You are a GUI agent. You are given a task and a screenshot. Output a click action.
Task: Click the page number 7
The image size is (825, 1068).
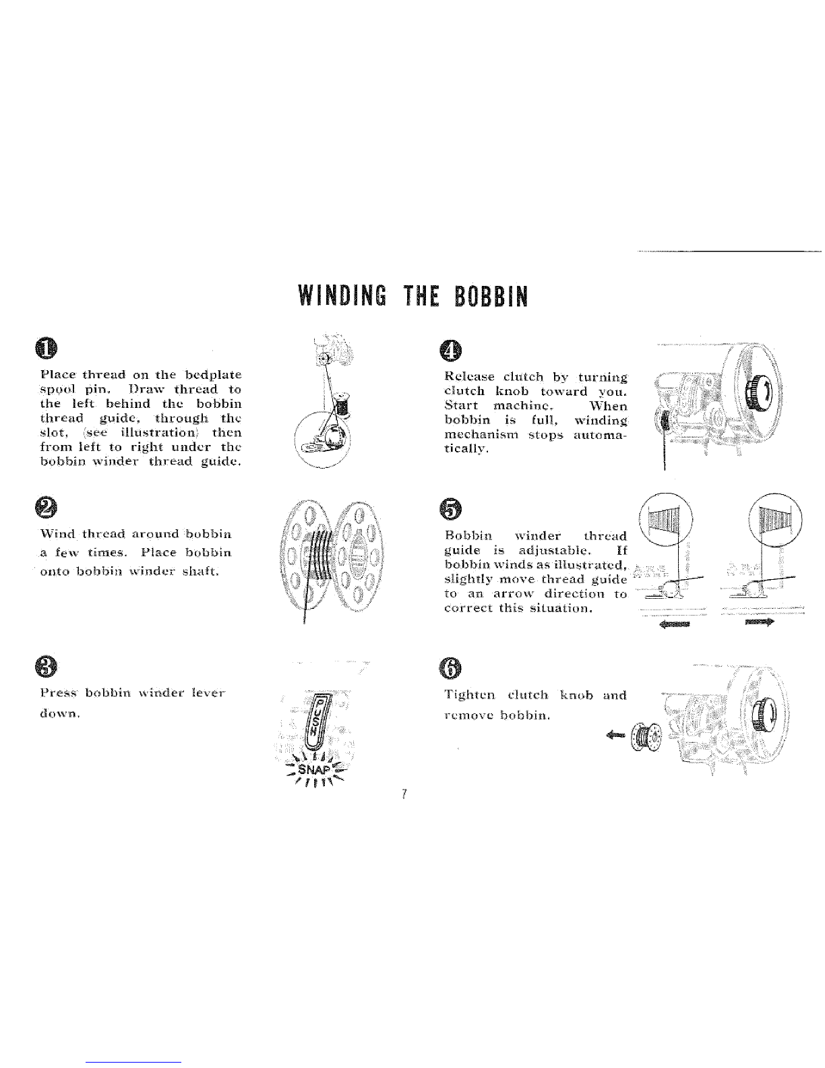click(x=402, y=794)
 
